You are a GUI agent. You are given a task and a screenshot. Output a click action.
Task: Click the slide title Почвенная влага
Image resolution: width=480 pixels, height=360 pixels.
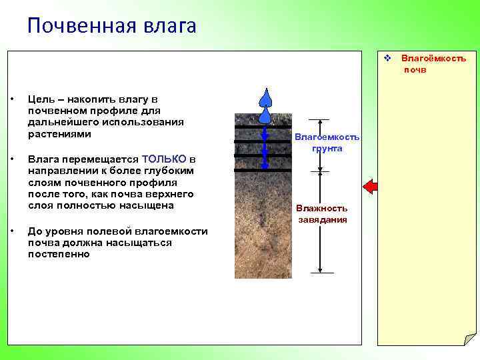tap(112, 26)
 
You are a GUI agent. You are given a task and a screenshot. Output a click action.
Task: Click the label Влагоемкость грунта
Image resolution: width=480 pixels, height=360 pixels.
tap(327, 143)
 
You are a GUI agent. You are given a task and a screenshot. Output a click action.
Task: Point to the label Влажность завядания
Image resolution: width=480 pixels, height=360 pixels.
tap(322, 214)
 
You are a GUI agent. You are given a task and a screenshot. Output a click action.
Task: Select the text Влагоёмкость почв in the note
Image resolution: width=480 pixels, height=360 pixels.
tap(433, 64)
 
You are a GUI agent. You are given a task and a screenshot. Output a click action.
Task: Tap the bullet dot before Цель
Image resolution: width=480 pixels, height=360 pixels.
tap(12, 99)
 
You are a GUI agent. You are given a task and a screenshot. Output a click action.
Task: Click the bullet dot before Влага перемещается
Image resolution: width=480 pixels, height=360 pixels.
tap(12, 159)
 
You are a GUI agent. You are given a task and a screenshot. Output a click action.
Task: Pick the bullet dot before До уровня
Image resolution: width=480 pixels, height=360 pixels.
tap(12, 231)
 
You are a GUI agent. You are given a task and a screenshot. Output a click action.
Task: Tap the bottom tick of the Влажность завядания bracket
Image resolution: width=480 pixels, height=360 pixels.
tap(321, 272)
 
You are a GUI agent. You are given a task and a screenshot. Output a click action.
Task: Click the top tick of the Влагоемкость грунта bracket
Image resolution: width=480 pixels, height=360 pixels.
tap(321, 120)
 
